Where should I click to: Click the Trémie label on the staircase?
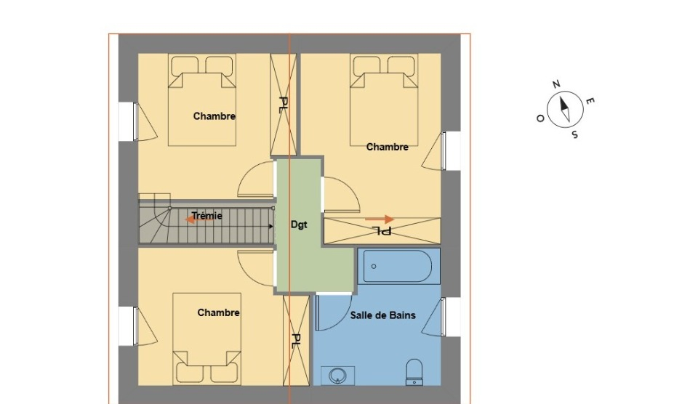(x=207, y=216)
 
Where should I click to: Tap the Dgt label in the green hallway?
(x=299, y=225)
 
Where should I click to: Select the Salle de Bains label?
(x=383, y=315)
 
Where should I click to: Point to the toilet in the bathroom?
(x=414, y=372)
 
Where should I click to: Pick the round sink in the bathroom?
(x=337, y=376)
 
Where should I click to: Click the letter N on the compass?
(x=556, y=84)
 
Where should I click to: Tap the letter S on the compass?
(x=575, y=134)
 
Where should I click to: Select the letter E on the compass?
(x=590, y=101)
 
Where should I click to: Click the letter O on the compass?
(x=540, y=118)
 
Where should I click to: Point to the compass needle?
(x=565, y=109)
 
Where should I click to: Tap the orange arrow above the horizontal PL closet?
(x=380, y=219)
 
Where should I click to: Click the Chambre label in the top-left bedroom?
(x=214, y=116)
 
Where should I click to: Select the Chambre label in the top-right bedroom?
(x=388, y=147)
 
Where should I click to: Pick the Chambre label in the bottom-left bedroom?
(x=219, y=312)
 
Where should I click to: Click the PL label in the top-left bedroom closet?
(x=283, y=105)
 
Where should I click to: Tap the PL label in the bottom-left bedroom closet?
(x=296, y=342)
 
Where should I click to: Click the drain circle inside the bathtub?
(x=374, y=267)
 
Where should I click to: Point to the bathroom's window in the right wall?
(x=443, y=318)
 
